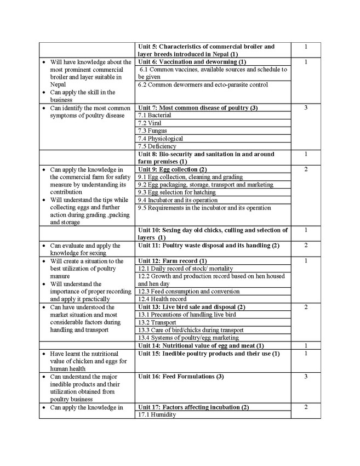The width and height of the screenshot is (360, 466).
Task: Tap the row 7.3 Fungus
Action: [x=152, y=131]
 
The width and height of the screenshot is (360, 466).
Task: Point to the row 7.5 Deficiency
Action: [x=157, y=146]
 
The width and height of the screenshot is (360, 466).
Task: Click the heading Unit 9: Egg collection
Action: [x=172, y=169]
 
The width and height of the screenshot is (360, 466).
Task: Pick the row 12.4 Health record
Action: [x=162, y=299]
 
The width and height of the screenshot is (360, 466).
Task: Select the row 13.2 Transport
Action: [x=156, y=322]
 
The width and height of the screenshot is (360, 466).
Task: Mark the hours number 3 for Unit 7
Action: [x=305, y=108]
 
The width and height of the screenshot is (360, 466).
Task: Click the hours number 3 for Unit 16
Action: [x=305, y=377]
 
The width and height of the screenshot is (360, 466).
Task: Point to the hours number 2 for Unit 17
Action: [x=305, y=407]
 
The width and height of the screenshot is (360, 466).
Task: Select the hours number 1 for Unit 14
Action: [x=305, y=346]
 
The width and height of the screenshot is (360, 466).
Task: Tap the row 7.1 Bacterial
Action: [x=155, y=116]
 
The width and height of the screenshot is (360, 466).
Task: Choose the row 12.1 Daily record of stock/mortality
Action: [x=185, y=269]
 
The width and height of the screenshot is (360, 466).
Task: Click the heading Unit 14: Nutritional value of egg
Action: [x=201, y=346]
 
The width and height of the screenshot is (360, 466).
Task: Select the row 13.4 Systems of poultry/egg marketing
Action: [x=188, y=338]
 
